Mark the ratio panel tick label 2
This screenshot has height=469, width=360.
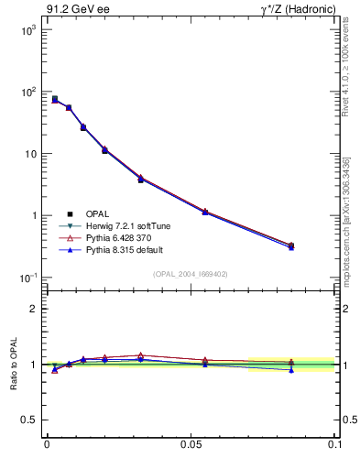(x=34, y=309)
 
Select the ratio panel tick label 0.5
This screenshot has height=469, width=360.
(x=30, y=420)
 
